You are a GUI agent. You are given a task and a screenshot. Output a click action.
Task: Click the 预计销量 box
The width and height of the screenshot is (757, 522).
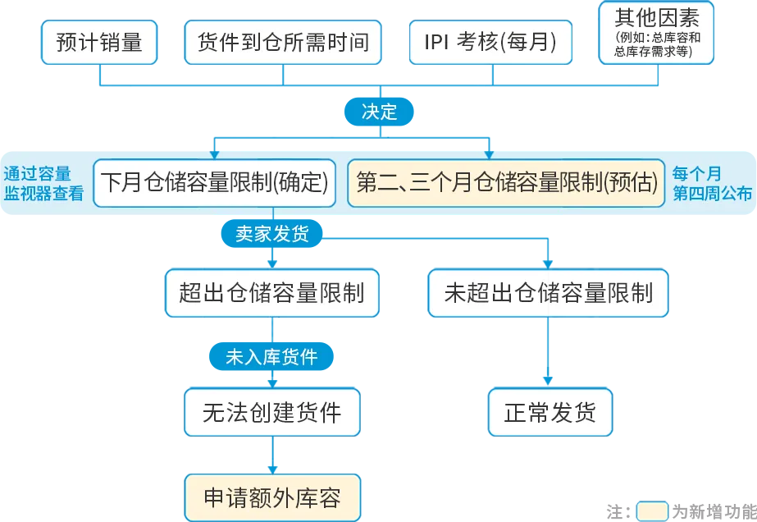pos(99,42)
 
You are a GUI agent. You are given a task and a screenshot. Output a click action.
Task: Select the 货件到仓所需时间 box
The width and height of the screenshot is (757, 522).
pos(282,42)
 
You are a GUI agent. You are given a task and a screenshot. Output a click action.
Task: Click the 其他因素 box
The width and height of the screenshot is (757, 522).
pos(656,33)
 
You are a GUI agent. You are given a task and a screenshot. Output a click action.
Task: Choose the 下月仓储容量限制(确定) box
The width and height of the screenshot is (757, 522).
pos(215,182)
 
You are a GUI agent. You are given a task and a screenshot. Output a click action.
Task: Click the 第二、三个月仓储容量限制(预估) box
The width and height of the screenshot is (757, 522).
pos(507,182)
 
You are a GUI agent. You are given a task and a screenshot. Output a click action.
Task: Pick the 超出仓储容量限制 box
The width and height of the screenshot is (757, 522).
pos(271,293)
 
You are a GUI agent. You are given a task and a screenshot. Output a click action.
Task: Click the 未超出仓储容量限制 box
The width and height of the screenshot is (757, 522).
pos(548,293)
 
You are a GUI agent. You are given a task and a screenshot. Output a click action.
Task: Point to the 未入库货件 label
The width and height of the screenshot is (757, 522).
pos(271,357)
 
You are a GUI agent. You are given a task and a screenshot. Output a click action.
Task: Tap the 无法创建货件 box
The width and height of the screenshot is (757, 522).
pos(271,412)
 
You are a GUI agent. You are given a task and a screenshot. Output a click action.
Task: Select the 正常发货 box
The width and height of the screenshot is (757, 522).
pos(550,412)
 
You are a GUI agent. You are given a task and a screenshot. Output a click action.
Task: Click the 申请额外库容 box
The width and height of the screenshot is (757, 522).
pos(271,497)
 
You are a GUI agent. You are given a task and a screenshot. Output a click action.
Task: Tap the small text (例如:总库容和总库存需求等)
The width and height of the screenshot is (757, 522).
pos(656,44)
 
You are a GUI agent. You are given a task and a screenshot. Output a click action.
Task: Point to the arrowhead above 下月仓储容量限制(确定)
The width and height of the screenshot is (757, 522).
pos(215,153)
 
